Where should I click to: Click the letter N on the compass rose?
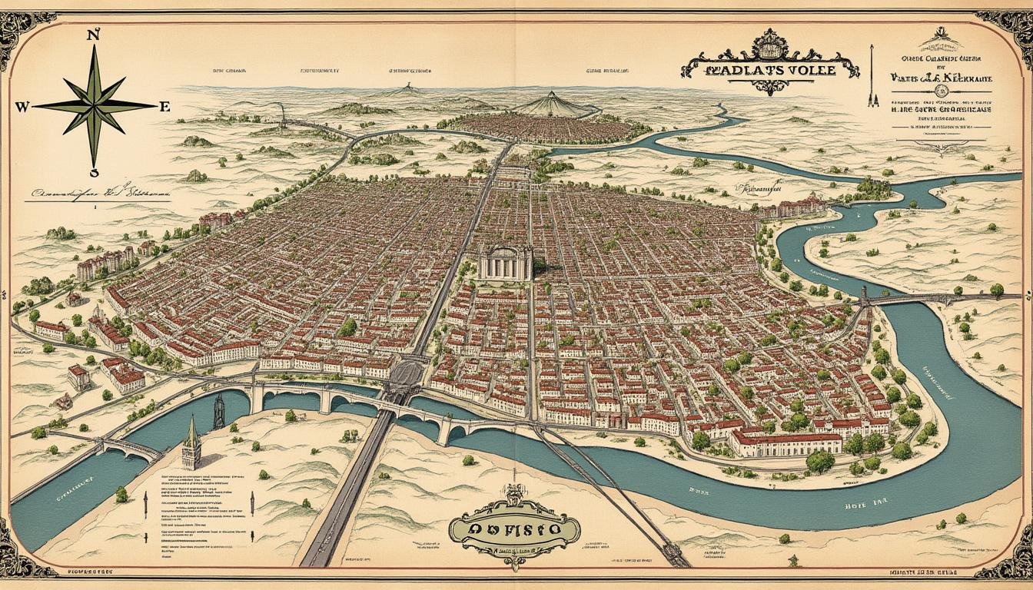95,35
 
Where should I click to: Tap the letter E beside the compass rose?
164,108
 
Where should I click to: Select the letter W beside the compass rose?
22,108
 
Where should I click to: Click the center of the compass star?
95,106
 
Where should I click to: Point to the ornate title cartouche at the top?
769,65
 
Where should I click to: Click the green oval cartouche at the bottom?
513,529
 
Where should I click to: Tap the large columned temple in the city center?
505,264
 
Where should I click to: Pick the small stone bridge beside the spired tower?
131,448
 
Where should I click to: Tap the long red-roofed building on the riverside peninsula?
786,442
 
